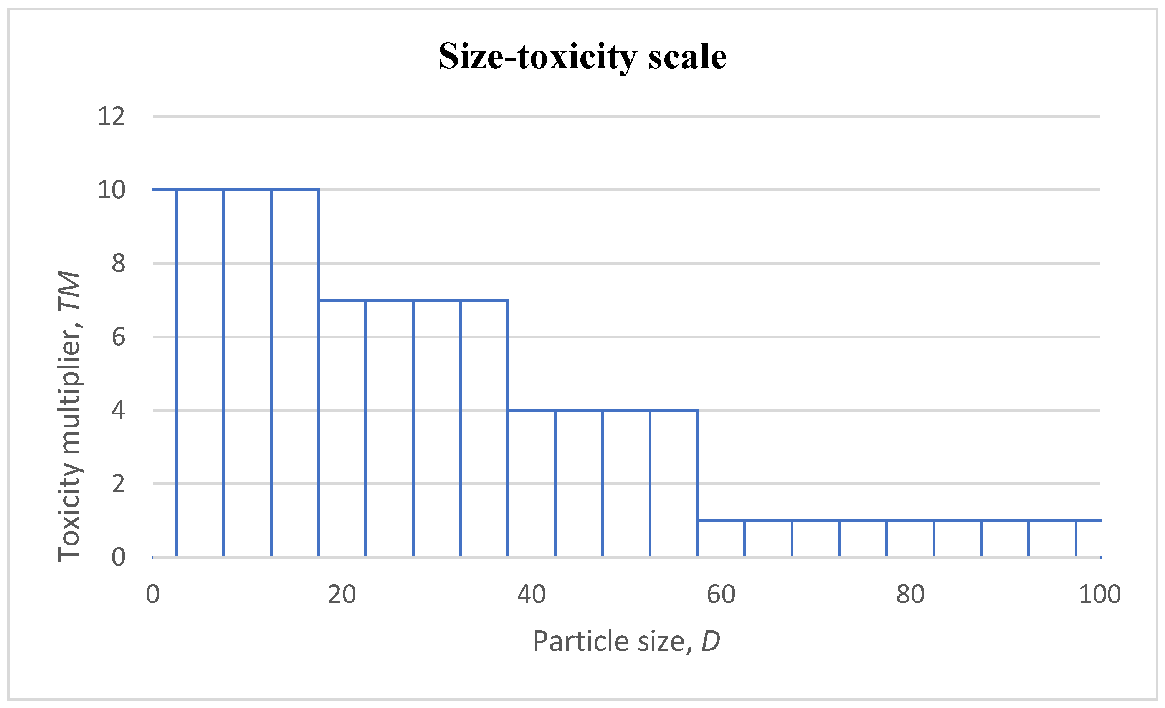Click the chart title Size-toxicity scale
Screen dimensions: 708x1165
[583, 57]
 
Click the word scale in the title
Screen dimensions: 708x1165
[687, 57]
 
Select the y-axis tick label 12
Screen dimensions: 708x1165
[112, 116]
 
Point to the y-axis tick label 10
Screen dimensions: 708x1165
[112, 190]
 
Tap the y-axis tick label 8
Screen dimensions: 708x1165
[118, 263]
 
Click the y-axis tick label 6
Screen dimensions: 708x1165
[118, 337]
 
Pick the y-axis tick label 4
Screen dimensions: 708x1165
[118, 410]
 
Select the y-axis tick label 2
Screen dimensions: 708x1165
[118, 484]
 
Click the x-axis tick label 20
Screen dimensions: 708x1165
[342, 594]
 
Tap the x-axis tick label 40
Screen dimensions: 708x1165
[531, 594]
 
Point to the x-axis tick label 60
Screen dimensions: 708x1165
[721, 594]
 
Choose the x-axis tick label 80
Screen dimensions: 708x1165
[910, 594]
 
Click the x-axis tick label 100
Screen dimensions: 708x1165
[1100, 594]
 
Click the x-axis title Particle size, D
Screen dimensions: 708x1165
[626, 641]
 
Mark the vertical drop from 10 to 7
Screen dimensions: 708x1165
[319, 245]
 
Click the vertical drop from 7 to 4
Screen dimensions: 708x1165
[508, 355]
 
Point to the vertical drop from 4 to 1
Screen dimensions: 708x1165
[697, 465]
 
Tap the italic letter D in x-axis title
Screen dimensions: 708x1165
[711, 641]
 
